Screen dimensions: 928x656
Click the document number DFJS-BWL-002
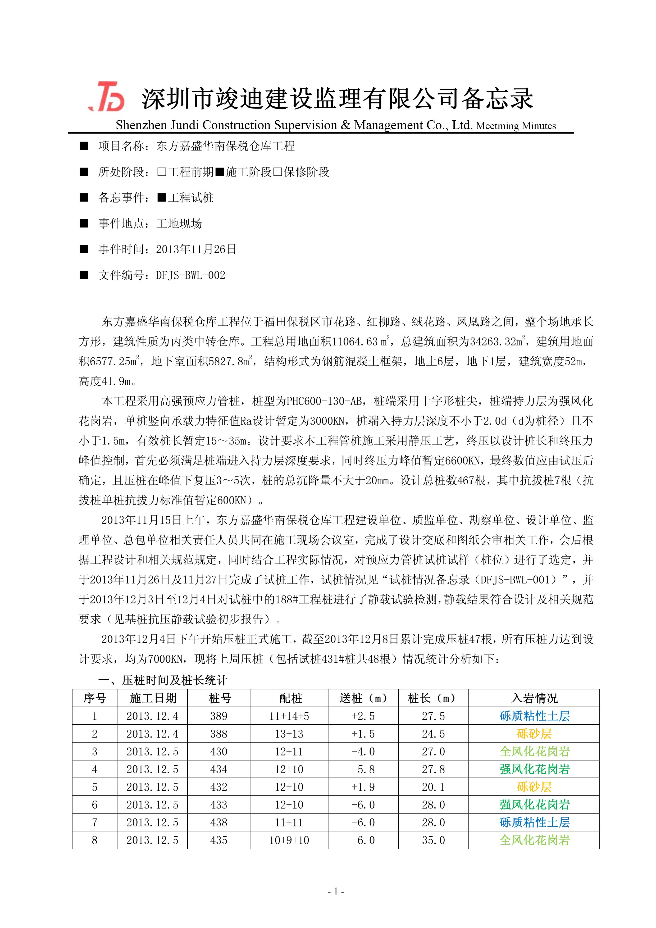tap(190, 275)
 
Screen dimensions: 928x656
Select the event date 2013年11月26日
tap(196, 249)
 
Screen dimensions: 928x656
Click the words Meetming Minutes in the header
tap(516, 126)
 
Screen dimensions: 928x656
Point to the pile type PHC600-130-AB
tap(324, 401)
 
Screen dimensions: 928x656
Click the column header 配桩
tap(290, 698)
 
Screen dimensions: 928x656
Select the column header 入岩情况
tap(534, 698)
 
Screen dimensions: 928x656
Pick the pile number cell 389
tap(219, 716)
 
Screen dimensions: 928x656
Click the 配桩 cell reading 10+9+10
tap(289, 840)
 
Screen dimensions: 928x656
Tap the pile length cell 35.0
tap(433, 840)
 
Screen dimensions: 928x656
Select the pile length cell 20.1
tap(433, 787)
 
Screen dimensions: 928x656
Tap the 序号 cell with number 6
tap(95, 805)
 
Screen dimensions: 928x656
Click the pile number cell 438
tap(219, 822)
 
